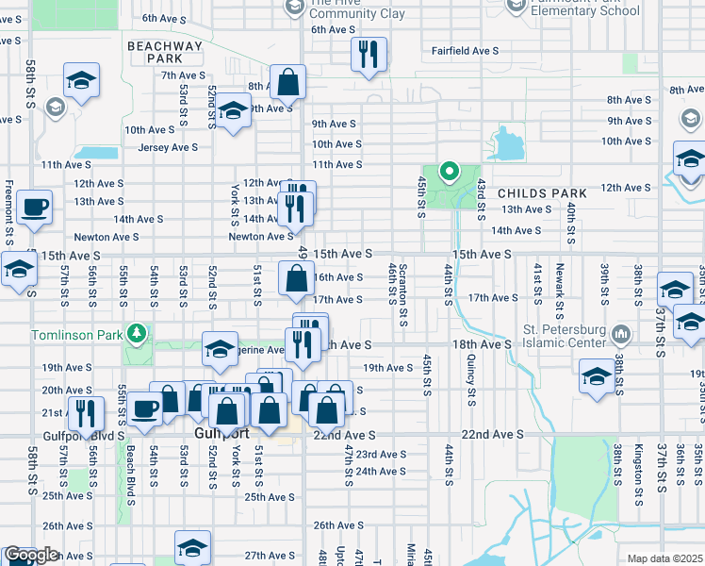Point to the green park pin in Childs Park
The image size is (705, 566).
[450, 173]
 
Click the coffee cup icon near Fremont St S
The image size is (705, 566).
[35, 207]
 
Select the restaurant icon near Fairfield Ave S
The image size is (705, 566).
[368, 54]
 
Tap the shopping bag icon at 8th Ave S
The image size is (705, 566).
[287, 83]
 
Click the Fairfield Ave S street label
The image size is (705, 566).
[465, 51]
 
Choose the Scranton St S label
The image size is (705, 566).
[403, 296]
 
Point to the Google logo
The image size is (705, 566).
[31, 556]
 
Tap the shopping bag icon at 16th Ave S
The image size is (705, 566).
[296, 278]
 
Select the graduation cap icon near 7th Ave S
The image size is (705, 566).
[82, 81]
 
